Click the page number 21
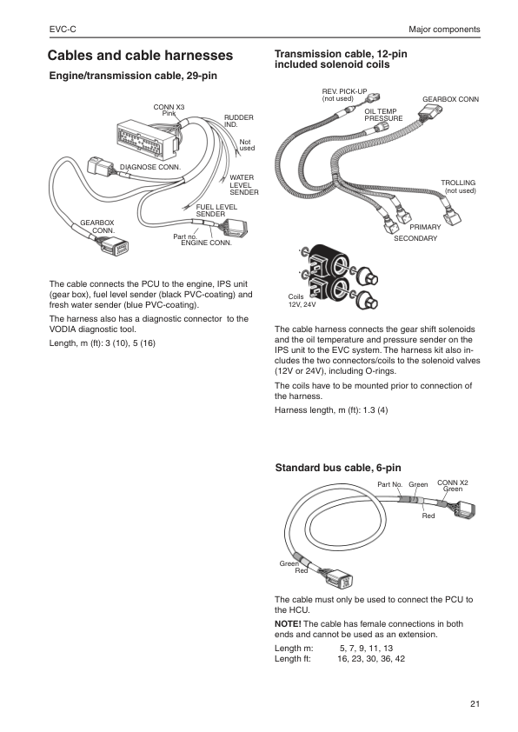point(474,703)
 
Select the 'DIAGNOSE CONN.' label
point(149,165)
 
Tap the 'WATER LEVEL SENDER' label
point(242,184)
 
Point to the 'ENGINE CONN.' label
point(206,243)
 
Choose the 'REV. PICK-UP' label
point(339,91)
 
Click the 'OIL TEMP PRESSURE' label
point(382,115)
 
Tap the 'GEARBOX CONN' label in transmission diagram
point(450,100)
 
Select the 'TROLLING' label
point(458,183)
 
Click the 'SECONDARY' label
point(415,237)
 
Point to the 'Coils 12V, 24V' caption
point(302,301)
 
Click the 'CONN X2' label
point(452,482)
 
